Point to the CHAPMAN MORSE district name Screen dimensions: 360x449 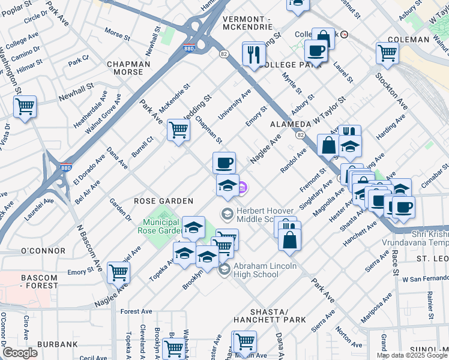coord(125,68)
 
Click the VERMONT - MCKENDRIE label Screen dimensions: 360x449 coord(248,23)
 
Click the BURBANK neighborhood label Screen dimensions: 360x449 coord(56,344)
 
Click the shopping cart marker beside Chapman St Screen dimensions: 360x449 coord(178,130)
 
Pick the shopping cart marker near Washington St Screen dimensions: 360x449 coord(25,107)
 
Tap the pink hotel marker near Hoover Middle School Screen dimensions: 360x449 coord(243,188)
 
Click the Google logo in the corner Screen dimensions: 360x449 coord(20,353)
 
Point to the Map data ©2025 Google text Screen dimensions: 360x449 coord(412,355)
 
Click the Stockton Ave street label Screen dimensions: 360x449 coord(391,92)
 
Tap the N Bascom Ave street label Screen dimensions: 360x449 coord(86,235)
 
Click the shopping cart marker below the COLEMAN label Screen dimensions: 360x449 coord(387,53)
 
